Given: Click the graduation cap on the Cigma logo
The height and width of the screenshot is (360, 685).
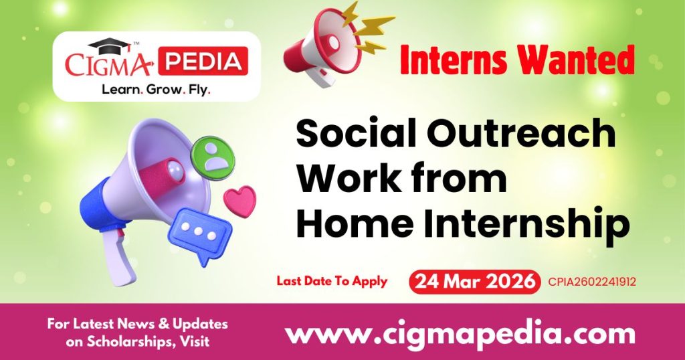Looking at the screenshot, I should tap(110, 46).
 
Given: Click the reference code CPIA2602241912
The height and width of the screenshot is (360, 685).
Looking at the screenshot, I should tap(591, 282).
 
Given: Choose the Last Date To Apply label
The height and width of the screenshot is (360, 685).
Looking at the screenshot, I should tap(332, 281).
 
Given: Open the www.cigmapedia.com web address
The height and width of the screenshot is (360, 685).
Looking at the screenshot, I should tap(460, 333).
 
